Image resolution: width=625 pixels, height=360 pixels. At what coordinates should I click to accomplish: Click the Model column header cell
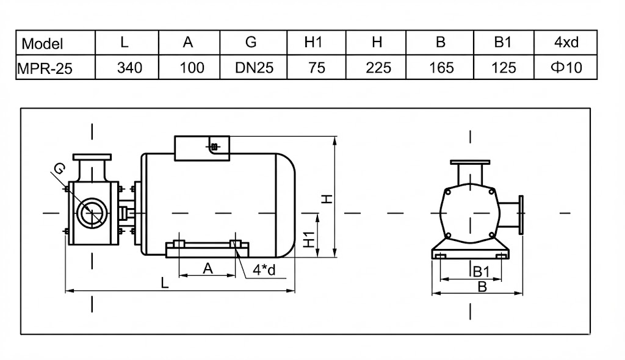pyautogui.click(x=42, y=43)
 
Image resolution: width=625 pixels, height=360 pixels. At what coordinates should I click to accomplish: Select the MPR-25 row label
pyautogui.click(x=45, y=68)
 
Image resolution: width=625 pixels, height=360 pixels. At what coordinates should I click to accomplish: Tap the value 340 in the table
pyautogui.click(x=129, y=67)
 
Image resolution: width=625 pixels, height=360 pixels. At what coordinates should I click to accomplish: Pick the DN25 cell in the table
pyautogui.click(x=254, y=67)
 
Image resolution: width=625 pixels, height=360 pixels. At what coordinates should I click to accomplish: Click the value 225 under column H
pyautogui.click(x=378, y=67)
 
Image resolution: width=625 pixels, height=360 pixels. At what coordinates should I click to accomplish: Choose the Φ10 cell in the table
pyautogui.click(x=566, y=67)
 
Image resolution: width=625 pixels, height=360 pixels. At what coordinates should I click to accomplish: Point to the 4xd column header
pyautogui.click(x=566, y=43)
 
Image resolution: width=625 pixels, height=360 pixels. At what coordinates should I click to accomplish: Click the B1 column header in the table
pyautogui.click(x=503, y=43)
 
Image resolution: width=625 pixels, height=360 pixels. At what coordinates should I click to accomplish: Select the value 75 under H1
pyautogui.click(x=317, y=67)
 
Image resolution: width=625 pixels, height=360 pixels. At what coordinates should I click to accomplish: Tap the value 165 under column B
pyautogui.click(x=441, y=67)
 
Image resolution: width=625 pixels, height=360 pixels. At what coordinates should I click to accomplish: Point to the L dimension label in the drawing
pyautogui.click(x=165, y=283)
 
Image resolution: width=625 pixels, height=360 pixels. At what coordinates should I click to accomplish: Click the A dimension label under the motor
pyautogui.click(x=208, y=267)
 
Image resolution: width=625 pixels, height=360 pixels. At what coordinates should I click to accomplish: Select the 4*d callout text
pyautogui.click(x=265, y=270)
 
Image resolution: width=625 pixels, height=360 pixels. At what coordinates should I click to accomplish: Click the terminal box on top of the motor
pyautogui.click(x=202, y=148)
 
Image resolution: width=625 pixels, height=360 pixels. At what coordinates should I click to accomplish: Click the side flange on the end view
pyautogui.click(x=519, y=214)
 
